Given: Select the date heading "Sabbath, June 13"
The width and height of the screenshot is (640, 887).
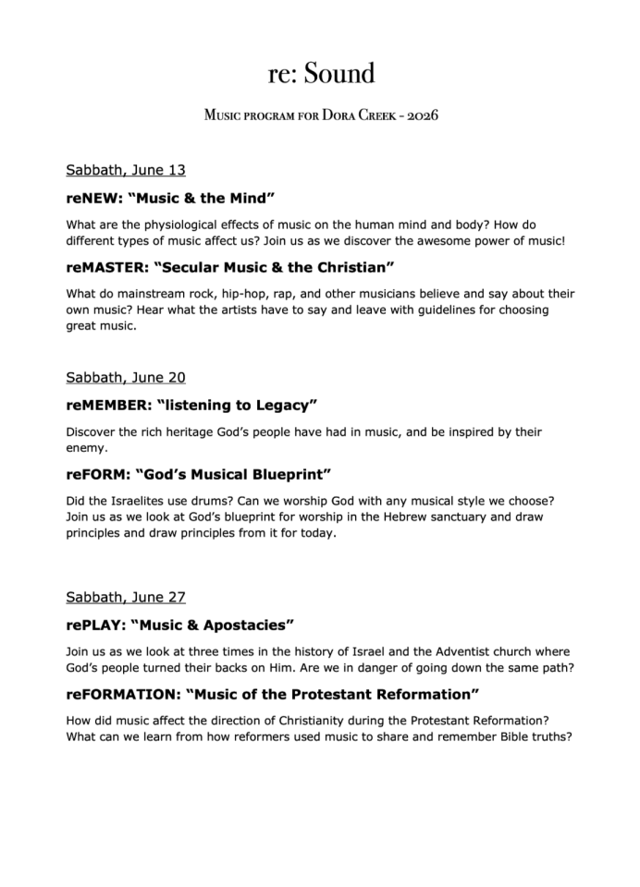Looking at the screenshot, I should click(x=126, y=169).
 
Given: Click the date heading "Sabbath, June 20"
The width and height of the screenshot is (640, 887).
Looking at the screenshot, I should click(x=126, y=377).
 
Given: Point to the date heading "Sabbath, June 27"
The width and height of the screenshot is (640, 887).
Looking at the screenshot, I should click(x=126, y=597).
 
